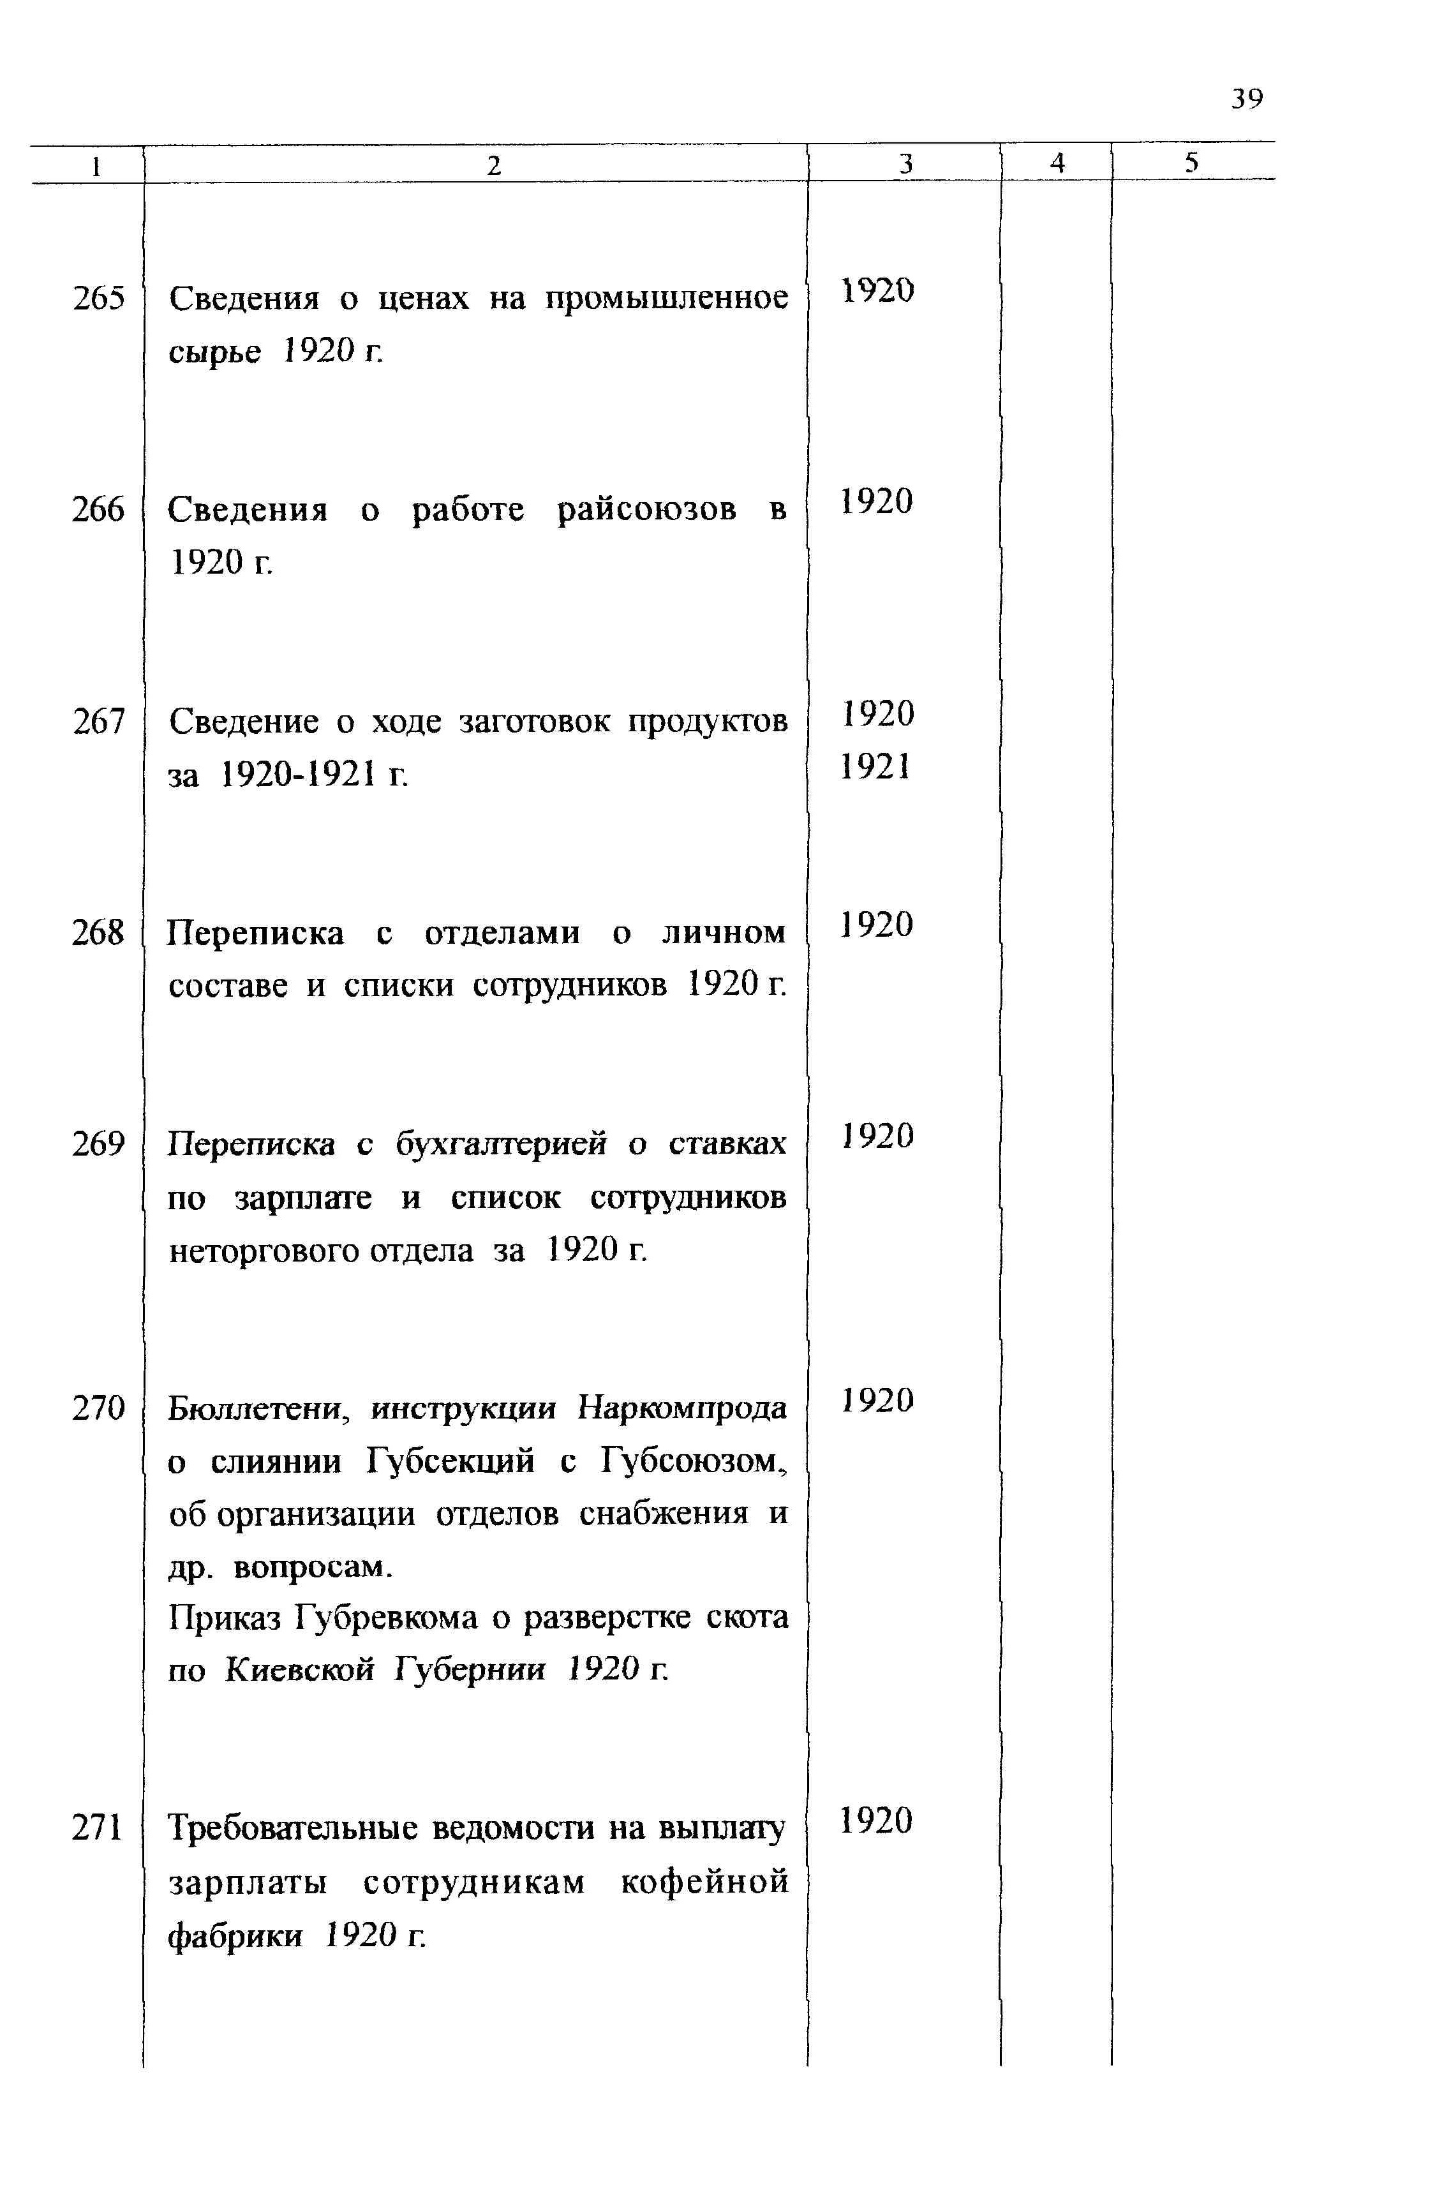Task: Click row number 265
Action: pos(98,299)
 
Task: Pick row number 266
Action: pos(98,510)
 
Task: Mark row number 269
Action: pos(98,1145)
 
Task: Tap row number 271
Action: pos(98,1828)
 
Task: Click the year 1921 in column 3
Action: pos(876,766)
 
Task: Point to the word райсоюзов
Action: pos(647,510)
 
